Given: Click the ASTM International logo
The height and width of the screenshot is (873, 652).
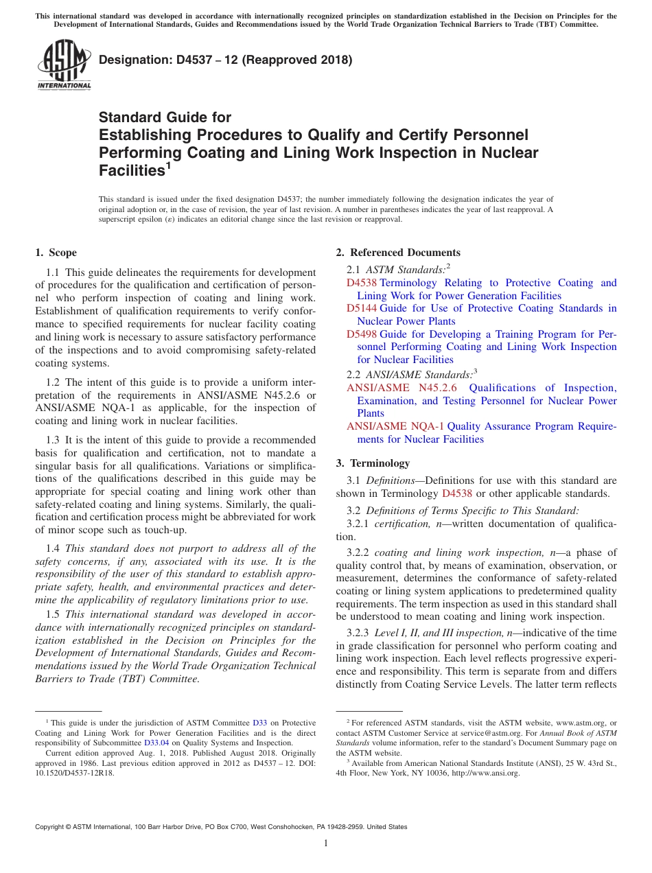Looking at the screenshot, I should coord(64,65).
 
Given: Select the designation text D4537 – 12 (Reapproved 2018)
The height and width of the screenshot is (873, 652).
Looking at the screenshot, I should coord(226,60).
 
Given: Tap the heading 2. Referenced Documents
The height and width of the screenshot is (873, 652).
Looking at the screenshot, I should coord(398,253).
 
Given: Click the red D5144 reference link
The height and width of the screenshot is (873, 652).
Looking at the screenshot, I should coord(362,308).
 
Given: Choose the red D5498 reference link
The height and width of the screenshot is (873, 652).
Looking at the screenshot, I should coord(362,334).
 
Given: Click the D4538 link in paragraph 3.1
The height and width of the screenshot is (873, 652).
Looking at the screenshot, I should coord(456,493).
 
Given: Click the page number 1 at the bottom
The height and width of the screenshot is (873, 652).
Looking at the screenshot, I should coord(326,843).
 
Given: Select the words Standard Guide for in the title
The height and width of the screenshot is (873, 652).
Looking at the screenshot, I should coord(165,117).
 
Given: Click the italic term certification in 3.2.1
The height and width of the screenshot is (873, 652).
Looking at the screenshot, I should coord(401,524).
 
